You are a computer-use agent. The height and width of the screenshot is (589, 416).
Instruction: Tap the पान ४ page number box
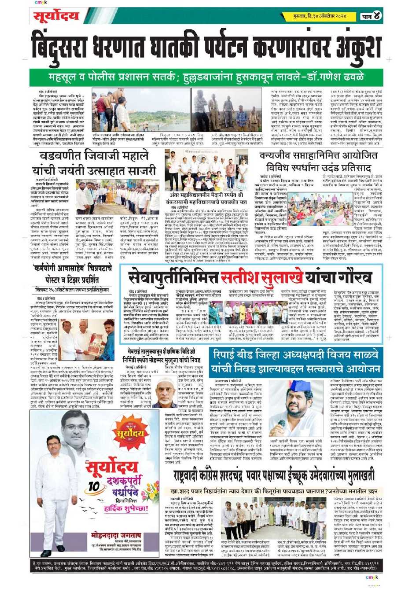[x=371, y=16]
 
